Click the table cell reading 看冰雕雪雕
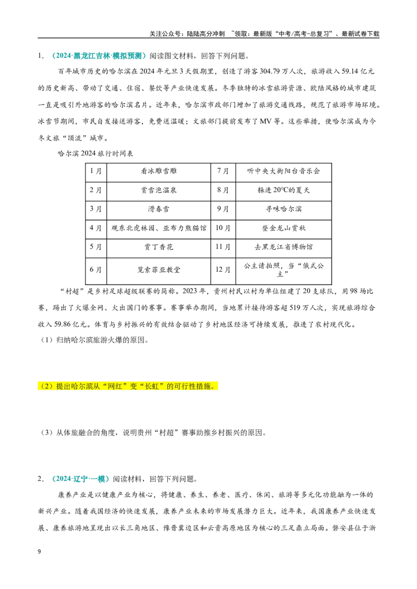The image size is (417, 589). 158,171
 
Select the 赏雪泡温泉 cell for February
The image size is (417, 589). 158,190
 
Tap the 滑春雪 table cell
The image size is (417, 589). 158,209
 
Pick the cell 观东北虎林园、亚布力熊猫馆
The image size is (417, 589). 158,228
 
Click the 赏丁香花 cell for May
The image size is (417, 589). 158,247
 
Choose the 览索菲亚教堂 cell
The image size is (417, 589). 158,270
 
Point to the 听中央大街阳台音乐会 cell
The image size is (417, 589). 284,171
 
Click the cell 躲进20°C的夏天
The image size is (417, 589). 284,190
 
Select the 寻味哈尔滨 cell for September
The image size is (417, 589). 284,209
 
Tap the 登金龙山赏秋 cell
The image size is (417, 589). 284,228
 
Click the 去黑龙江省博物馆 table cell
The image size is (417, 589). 284,247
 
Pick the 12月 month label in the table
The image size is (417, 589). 223,270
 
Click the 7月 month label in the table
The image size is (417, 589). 223,171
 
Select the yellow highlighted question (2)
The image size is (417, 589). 128,386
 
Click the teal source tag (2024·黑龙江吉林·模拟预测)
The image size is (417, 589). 99,56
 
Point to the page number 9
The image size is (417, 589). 40,552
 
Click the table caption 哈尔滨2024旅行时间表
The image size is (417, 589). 95,153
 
